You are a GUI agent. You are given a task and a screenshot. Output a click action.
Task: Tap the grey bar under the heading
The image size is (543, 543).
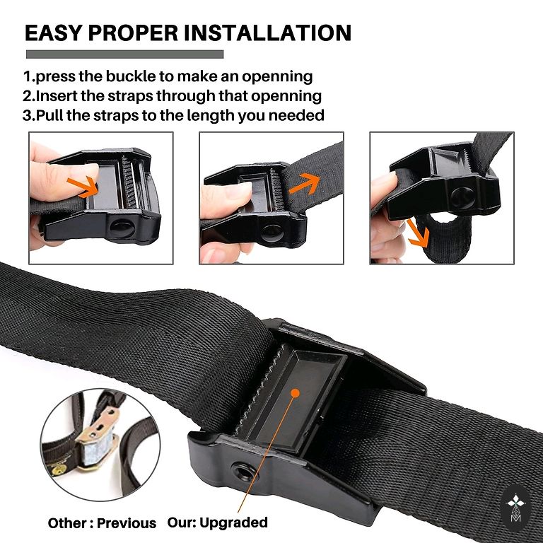(124, 54)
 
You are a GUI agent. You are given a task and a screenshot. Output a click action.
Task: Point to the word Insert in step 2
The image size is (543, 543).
(57, 96)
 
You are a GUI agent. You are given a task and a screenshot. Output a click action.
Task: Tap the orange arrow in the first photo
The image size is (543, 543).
(83, 187)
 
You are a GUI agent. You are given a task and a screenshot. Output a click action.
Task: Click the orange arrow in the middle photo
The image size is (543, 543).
(305, 183)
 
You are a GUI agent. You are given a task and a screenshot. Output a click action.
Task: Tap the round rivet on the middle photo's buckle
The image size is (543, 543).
(272, 233)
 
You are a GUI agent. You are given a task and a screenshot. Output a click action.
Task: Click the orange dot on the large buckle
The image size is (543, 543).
(295, 392)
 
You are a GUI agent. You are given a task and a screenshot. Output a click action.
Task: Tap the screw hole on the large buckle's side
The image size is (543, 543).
(244, 472)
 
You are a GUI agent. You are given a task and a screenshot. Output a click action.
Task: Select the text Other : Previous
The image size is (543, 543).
(102, 523)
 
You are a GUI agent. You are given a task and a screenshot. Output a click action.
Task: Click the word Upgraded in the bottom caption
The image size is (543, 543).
(233, 522)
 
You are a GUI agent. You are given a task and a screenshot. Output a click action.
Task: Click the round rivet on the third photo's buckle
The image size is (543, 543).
(463, 198)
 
